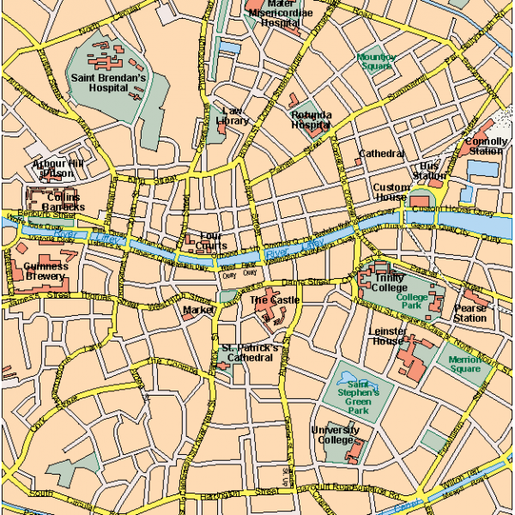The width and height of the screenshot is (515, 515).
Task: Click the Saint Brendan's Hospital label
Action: coord(109,83)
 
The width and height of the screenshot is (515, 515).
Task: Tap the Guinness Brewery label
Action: coord(45,271)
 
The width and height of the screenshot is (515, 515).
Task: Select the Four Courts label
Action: coord(211,240)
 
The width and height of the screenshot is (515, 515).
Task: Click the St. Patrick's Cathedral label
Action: coord(250,353)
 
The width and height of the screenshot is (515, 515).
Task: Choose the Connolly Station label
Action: coord(484,146)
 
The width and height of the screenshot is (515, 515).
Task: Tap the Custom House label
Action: coord(390,191)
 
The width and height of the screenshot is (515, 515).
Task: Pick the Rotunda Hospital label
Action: coord(311,119)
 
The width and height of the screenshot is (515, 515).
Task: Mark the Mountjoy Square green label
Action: coord(376,61)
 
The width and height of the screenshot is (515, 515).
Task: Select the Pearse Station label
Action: coord(470,312)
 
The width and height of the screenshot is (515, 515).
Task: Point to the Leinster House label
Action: coord(386,336)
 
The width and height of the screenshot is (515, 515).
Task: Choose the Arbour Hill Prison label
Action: coord(58,167)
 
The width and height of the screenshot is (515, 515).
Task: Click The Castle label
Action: coord(275,300)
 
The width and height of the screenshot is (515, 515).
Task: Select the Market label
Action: coord(197,308)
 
